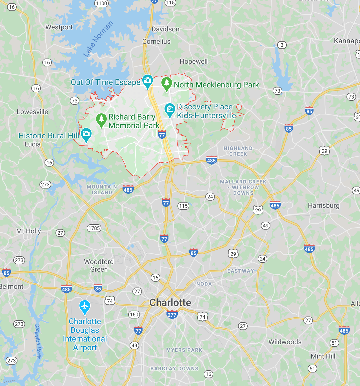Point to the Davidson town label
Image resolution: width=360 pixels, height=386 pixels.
(165, 29)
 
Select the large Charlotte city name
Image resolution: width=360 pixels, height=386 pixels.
(170, 303)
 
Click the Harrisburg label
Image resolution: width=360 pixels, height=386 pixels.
(324, 205)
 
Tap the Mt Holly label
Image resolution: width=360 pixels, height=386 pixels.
(28, 231)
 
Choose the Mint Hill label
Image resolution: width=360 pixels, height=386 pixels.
(323, 356)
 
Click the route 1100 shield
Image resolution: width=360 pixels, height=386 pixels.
(101, 3)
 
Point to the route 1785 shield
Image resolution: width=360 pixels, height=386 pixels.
(94, 228)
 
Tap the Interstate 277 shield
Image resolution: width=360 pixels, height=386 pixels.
(172, 315)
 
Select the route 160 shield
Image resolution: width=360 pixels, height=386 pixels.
(134, 315)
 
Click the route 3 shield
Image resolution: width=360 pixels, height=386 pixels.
(282, 45)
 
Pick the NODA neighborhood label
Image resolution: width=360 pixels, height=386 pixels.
(204, 284)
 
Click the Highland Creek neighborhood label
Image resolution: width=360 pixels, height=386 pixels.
(238, 151)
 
